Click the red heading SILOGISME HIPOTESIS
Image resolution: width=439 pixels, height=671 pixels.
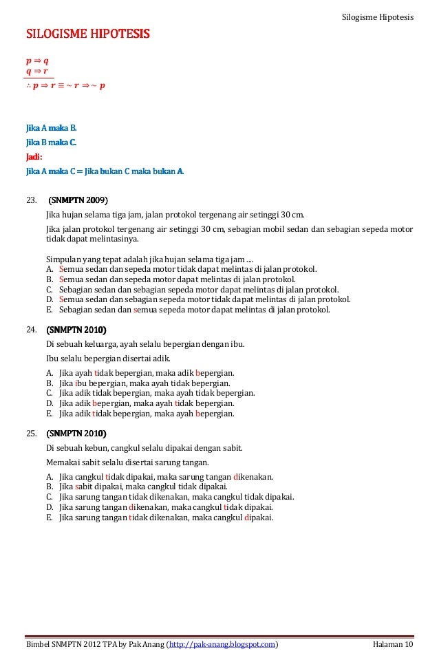coord(88,34)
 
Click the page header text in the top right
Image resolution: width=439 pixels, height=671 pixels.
coord(378,16)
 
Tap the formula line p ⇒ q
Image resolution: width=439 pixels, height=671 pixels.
coord(37,61)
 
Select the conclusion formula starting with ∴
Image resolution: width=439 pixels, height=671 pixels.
coord(65,86)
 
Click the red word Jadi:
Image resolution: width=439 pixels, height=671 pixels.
coord(34,157)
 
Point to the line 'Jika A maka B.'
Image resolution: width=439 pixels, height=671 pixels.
coord(52,128)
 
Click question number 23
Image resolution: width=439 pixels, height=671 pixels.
coord(31,200)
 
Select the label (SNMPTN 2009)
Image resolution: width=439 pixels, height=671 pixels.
coord(77,200)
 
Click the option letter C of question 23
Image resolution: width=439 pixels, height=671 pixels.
coord(50,290)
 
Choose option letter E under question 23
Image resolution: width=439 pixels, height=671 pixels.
coord(50,310)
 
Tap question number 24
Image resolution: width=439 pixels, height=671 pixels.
coord(31,330)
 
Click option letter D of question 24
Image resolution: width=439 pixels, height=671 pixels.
coord(50,403)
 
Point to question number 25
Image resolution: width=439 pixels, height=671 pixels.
coord(31,434)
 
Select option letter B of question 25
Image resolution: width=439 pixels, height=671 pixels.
coord(50,487)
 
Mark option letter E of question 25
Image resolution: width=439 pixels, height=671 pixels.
coord(50,517)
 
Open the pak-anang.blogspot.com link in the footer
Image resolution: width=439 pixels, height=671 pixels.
coord(222,644)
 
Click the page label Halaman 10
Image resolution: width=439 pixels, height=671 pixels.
coord(393,644)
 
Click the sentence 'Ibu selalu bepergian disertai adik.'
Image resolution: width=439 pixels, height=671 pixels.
coord(108,359)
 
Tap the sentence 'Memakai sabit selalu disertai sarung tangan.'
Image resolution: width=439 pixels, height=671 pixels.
coord(127,462)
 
